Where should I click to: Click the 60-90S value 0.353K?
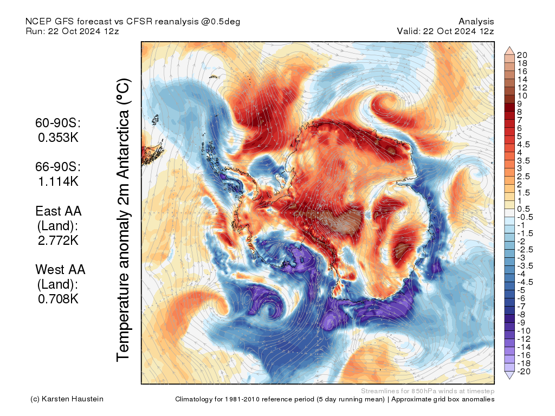tap(58, 138)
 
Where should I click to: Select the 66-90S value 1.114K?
tap(58, 181)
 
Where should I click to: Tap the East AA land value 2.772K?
tap(58, 239)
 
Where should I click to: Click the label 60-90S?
tap(58, 123)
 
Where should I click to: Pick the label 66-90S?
tap(58, 167)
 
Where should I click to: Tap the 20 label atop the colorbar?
tap(522, 55)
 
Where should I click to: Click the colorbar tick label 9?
tap(519, 103)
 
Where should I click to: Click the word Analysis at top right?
tap(476, 22)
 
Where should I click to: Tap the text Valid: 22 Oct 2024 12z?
tap(445, 31)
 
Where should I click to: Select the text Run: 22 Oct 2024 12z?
tap(72, 31)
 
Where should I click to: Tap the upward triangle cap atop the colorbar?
tap(510, 51)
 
